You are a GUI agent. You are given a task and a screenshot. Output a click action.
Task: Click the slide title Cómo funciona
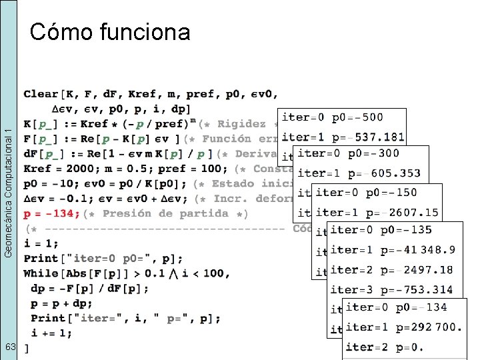pyautogui.click(x=110, y=31)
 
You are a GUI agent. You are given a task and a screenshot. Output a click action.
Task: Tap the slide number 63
pyautogui.click(x=10, y=347)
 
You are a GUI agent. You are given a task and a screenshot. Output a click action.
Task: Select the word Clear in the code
pyautogui.click(x=41, y=94)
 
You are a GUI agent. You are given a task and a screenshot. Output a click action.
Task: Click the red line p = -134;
pyautogui.click(x=52, y=214)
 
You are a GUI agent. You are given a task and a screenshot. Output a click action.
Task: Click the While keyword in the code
pyautogui.click(x=41, y=273)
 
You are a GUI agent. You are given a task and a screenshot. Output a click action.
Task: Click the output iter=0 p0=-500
pyautogui.click(x=332, y=117)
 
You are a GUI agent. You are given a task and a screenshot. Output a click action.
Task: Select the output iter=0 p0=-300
pyautogui.click(x=348, y=153)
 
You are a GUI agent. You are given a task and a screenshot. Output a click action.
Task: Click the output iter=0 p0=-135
pyautogui.click(x=381, y=230)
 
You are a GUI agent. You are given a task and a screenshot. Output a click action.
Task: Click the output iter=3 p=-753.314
pyautogui.click(x=391, y=290)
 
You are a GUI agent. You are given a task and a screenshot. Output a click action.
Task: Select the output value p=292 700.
pyautogui.click(x=429, y=327)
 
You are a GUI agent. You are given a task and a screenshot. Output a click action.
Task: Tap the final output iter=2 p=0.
pyautogui.click(x=384, y=347)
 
